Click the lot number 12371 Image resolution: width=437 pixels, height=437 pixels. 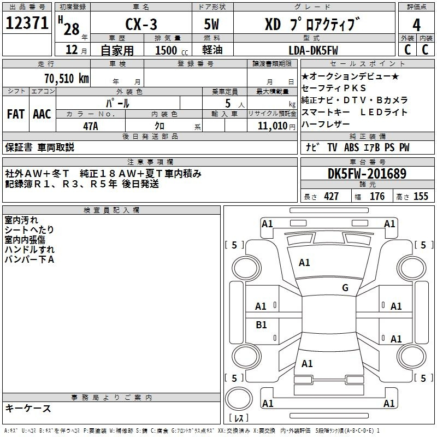pyautogui.click(x=27, y=23)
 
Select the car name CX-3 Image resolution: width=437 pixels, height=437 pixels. pyautogui.click(x=141, y=24)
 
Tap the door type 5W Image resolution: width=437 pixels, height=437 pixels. pyautogui.click(x=211, y=24)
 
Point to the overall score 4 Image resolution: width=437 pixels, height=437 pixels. pyautogui.click(x=416, y=25)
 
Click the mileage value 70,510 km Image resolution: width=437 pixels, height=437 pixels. pyautogui.click(x=67, y=79)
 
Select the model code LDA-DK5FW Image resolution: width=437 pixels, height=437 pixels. pyautogui.click(x=313, y=50)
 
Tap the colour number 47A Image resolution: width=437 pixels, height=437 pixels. pyautogui.click(x=91, y=126)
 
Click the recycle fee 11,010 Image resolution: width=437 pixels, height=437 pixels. pyautogui.click(x=272, y=126)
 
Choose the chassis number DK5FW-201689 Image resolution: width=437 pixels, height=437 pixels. pyautogui.click(x=367, y=174)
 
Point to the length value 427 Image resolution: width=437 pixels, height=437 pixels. pyautogui.click(x=331, y=197)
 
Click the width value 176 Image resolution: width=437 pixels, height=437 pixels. pyautogui.click(x=377, y=197)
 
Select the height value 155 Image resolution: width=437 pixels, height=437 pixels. pyautogui.click(x=421, y=197)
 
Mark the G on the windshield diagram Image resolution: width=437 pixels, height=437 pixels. pyautogui.click(x=345, y=287)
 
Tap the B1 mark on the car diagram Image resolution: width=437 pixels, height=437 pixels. pyautogui.click(x=261, y=324)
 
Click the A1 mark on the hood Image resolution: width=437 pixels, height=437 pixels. pyautogui.click(x=304, y=263)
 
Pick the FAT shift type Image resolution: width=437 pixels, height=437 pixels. pyautogui.click(x=16, y=114)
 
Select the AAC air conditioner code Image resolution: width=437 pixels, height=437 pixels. pyautogui.click(x=42, y=114)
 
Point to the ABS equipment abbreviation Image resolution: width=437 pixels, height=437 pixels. pyautogui.click(x=351, y=147)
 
